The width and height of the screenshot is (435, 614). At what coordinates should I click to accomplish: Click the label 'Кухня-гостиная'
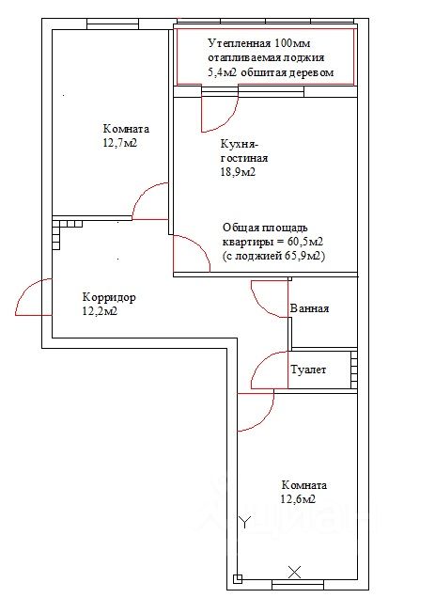click(244, 151)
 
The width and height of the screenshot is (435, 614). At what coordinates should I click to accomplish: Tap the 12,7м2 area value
click(120, 143)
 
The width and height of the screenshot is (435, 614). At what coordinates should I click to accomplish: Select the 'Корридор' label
click(109, 297)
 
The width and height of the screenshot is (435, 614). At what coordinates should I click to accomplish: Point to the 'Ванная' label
click(309, 308)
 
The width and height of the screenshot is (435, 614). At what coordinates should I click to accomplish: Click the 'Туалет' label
click(308, 370)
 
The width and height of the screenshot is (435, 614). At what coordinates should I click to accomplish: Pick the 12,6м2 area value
click(298, 499)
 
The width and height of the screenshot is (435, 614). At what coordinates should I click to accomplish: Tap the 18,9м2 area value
click(238, 172)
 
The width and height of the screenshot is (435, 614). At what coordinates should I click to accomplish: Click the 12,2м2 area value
click(101, 311)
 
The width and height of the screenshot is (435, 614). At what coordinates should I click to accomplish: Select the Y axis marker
click(245, 522)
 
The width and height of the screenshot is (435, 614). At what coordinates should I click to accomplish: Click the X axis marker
click(295, 572)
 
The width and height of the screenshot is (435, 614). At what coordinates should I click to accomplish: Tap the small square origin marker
click(238, 579)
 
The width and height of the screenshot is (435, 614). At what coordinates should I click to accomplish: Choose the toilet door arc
click(261, 361)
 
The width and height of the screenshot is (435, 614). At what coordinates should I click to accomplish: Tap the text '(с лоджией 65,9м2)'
click(274, 256)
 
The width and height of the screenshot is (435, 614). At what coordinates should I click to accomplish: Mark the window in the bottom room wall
click(298, 585)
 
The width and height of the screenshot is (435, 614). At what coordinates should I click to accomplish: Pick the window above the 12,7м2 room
click(113, 24)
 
